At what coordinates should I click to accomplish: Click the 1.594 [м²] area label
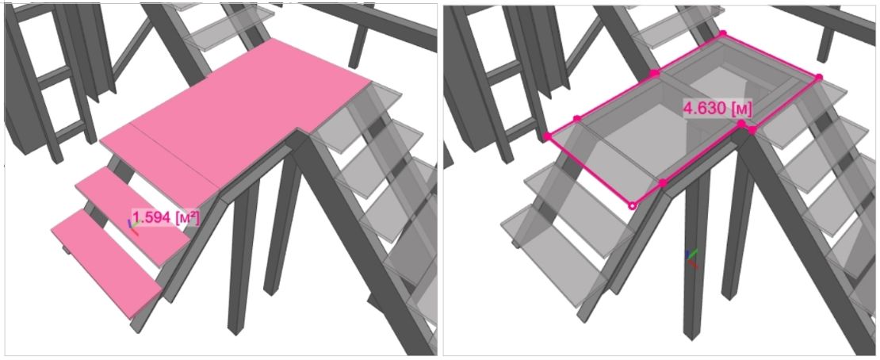click(166, 217)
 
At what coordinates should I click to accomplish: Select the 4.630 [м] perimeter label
click(717, 109)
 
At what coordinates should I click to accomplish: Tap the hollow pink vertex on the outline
click(633, 206)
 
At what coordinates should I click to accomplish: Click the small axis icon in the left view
click(133, 226)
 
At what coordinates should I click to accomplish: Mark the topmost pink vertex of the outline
click(723, 33)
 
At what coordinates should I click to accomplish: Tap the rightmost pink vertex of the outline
click(819, 77)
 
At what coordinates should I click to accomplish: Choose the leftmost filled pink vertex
click(547, 136)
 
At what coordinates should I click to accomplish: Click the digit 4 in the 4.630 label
click(688, 109)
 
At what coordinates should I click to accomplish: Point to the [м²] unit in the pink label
click(187, 218)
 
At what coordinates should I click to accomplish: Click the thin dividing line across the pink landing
click(174, 155)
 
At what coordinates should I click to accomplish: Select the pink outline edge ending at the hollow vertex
click(590, 171)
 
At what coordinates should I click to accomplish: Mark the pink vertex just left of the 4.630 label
click(654, 73)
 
